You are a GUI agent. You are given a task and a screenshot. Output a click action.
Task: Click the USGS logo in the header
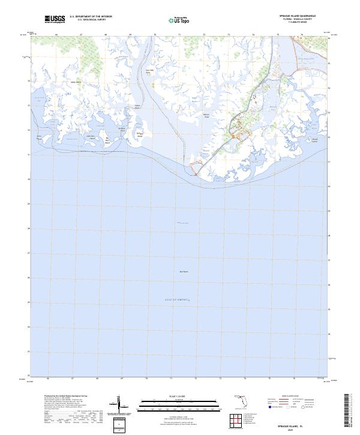55,20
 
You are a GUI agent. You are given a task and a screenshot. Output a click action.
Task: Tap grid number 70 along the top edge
155,35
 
